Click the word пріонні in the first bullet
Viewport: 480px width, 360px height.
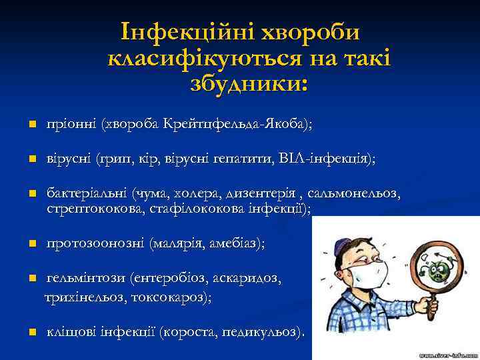click(x=71, y=124)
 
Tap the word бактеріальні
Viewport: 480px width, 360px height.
click(x=87, y=194)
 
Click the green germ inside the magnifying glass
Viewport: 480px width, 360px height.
click(x=437, y=272)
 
